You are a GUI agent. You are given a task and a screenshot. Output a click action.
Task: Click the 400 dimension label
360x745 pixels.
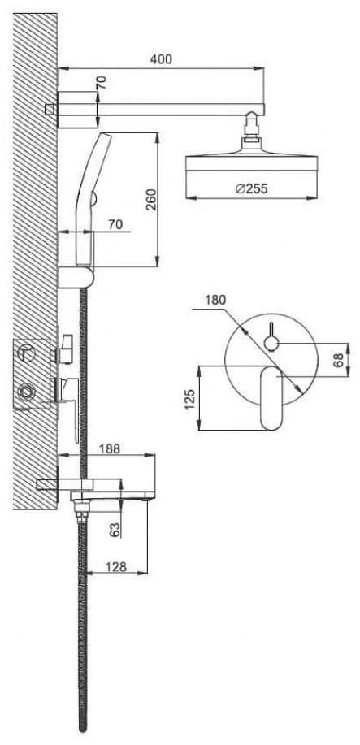click(161, 59)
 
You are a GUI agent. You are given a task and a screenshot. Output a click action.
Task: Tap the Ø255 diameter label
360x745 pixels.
click(251, 188)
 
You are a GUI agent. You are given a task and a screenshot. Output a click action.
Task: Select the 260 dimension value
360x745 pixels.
click(150, 200)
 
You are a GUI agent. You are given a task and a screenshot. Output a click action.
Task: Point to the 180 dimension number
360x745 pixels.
click(215, 301)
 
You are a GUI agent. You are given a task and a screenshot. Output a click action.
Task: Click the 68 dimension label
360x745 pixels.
click(339, 360)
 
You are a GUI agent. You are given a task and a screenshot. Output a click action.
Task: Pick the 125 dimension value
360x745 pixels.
click(190, 400)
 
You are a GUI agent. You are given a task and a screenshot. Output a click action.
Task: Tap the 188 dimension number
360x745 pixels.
click(110, 448)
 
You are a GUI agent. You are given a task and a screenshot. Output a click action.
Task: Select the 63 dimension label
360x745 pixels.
click(114, 528)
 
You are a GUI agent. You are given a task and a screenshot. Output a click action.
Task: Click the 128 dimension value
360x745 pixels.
click(115, 566)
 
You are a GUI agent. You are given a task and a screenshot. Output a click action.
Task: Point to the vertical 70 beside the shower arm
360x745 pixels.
click(102, 83)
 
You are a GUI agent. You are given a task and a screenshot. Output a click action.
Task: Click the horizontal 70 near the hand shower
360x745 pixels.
click(115, 224)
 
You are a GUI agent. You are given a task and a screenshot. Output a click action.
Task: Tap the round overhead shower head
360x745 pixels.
click(250, 161)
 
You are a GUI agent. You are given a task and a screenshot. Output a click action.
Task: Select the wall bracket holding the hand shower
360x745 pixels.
click(76, 277)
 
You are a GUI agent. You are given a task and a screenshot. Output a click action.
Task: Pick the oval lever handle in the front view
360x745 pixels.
click(272, 397)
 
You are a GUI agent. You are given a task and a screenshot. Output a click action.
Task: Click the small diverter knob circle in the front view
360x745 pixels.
click(271, 343)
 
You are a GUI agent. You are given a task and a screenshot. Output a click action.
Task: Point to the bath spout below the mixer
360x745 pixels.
click(108, 495)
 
